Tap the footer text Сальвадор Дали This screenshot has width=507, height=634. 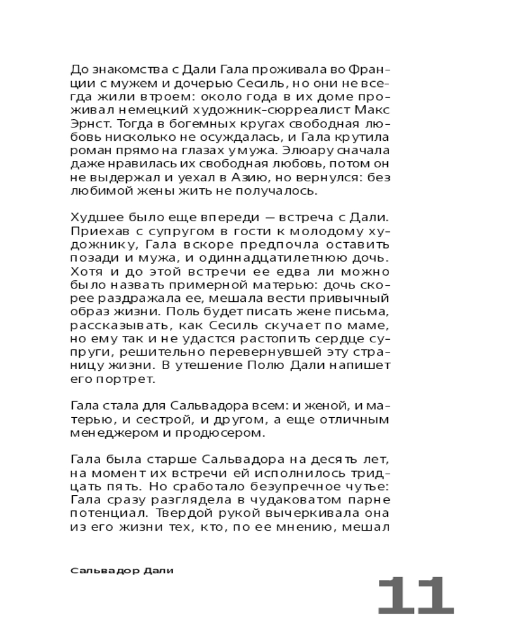122,570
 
